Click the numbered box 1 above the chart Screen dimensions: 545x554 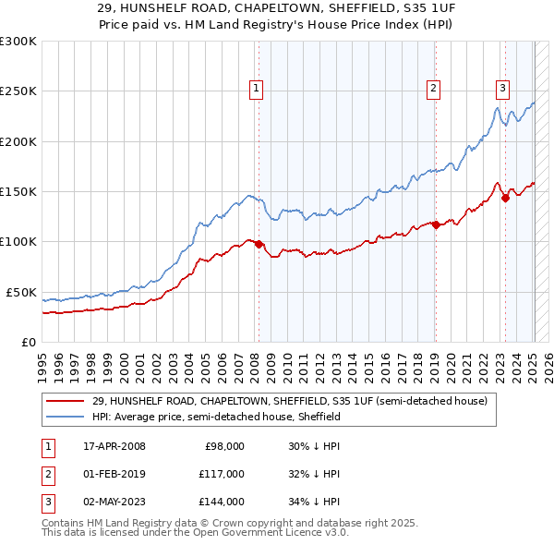(x=256, y=89)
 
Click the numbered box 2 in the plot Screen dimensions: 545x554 (x=433, y=89)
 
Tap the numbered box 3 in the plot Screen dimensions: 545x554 (x=502, y=89)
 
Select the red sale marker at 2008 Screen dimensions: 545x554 (x=259, y=245)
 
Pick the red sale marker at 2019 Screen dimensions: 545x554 (x=435, y=224)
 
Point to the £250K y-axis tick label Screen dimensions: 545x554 (x=18, y=91)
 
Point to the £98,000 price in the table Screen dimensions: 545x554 (x=223, y=446)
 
